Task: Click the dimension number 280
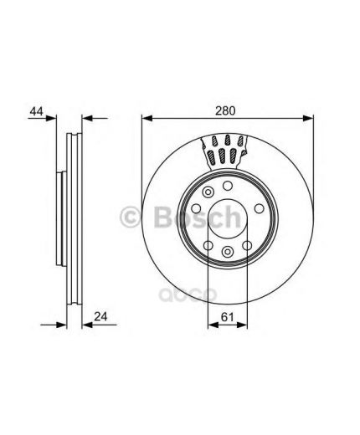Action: [x=225, y=110]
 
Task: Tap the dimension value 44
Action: [x=37, y=111]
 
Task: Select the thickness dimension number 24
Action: [x=100, y=317]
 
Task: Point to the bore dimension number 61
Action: [x=227, y=317]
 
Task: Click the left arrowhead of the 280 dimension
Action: [x=147, y=119]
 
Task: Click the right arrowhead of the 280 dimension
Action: [x=308, y=119]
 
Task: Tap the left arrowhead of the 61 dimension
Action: [x=213, y=325]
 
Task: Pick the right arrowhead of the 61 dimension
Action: [x=242, y=325]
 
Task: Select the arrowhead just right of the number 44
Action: [x=51, y=119]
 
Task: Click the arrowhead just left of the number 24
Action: [x=87, y=325]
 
